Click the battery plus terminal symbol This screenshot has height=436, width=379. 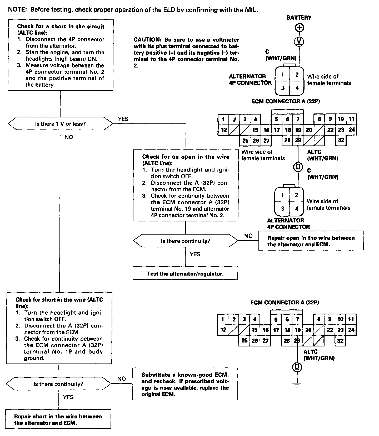[299, 28]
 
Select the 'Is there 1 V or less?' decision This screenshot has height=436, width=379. [60, 124]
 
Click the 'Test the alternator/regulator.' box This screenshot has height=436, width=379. [185, 273]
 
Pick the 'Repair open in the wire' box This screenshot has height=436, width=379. [311, 241]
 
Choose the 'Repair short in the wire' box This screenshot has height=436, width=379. [58, 419]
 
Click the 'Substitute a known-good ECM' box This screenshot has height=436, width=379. [185, 384]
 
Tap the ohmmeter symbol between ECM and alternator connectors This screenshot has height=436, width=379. [298, 167]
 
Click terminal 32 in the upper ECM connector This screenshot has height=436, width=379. [341, 140]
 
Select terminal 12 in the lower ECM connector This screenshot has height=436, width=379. [223, 330]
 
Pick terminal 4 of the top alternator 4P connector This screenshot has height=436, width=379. [297, 88]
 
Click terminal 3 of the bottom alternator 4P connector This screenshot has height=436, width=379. [282, 209]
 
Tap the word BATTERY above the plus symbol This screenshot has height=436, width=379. [299, 18]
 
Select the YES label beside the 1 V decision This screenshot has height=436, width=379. [123, 119]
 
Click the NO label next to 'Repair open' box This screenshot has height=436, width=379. [248, 236]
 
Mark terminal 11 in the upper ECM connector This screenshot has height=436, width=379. [352, 119]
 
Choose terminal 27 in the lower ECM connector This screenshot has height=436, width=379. [266, 341]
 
